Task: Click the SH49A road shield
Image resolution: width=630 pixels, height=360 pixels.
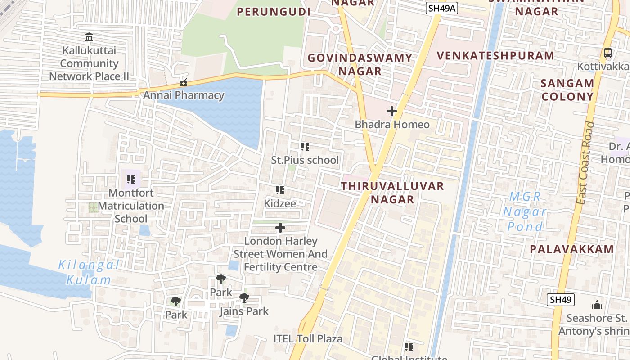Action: (442, 8)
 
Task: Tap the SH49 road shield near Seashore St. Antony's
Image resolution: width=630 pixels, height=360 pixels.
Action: (561, 300)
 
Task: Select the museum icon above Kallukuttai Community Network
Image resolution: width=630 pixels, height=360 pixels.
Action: (89, 37)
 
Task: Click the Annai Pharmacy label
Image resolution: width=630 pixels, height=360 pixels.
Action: (184, 95)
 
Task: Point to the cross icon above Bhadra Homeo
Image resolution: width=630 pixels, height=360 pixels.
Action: (392, 111)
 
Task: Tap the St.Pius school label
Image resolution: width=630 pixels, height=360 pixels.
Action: (305, 160)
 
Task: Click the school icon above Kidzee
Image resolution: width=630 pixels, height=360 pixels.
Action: (280, 191)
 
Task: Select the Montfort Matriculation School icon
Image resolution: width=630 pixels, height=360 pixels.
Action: (131, 180)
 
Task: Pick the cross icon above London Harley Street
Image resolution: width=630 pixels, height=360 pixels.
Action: (280, 228)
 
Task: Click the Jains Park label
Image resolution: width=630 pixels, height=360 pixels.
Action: (244, 311)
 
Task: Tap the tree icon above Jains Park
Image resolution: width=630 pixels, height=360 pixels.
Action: (244, 297)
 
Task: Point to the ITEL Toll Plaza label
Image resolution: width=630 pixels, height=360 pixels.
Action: (308, 338)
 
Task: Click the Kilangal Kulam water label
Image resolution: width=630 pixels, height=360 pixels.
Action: (89, 272)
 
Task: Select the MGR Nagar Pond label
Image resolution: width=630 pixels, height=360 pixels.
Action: (525, 211)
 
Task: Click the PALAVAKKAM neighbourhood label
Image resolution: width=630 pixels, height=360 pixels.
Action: (571, 249)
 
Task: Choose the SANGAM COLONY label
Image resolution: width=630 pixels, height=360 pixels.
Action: (567, 90)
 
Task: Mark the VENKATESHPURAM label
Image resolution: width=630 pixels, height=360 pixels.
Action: (495, 56)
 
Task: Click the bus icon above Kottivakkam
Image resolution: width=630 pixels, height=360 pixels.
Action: (608, 53)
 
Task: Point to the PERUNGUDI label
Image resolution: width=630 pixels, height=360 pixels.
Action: (274, 12)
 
